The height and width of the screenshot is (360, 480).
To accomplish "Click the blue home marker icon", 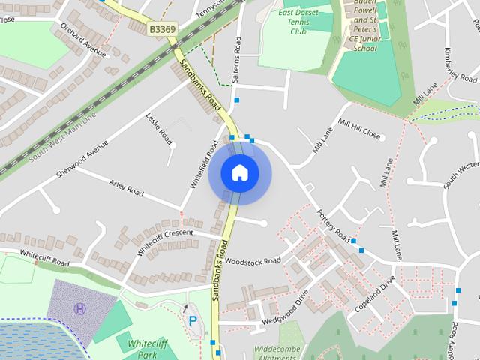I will coord(239,172).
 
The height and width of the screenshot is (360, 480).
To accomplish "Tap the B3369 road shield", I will coord(162,28).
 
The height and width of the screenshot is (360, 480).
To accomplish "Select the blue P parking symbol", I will coord(193,321).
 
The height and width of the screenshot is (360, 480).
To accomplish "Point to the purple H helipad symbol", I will coord(80,307).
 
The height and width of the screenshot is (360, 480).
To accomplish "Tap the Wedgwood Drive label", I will coord(285,309).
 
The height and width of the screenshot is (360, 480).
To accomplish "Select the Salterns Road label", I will coord(237,54).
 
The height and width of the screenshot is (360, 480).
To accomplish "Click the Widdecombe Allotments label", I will coord(277,353).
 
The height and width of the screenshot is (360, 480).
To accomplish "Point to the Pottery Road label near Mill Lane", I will coord(332,223).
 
